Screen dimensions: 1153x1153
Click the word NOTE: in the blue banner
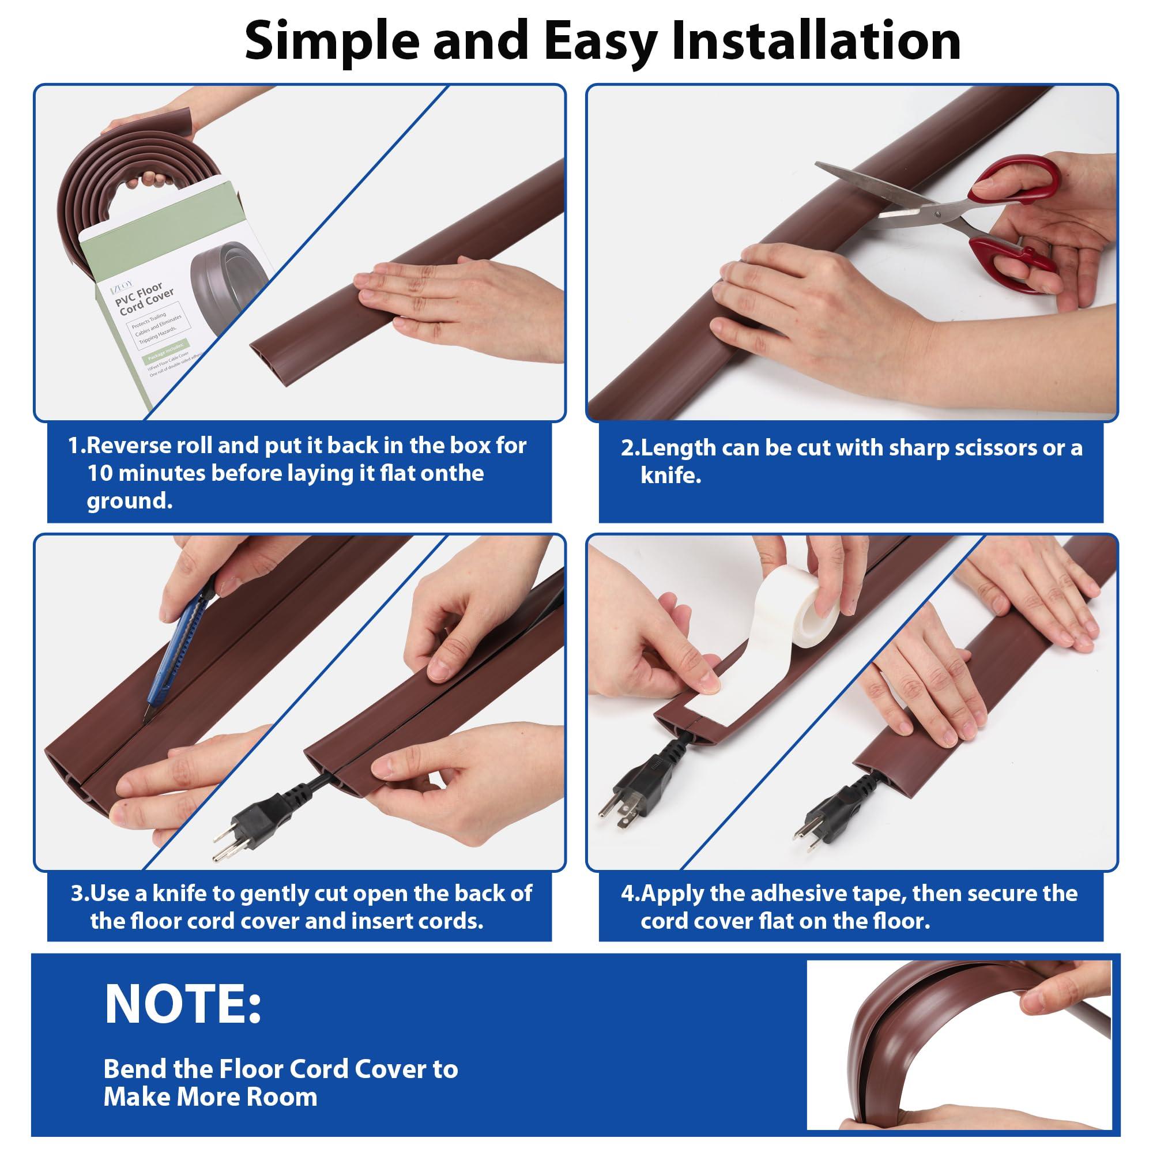(183, 1004)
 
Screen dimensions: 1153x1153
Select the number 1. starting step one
(77, 446)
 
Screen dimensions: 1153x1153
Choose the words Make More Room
(210, 1097)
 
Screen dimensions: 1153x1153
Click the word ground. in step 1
(130, 501)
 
